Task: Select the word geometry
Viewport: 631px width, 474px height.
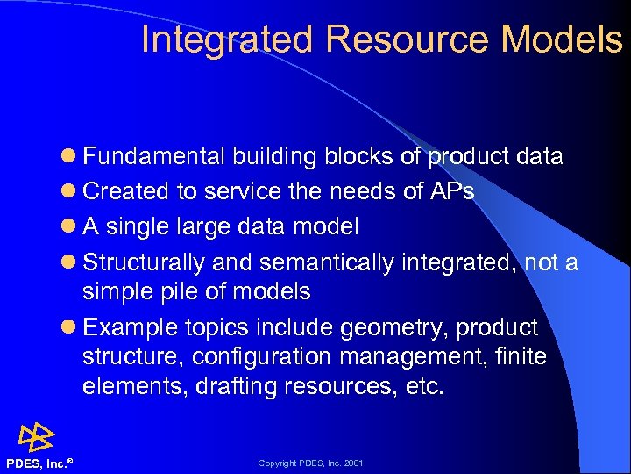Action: tap(388, 327)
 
